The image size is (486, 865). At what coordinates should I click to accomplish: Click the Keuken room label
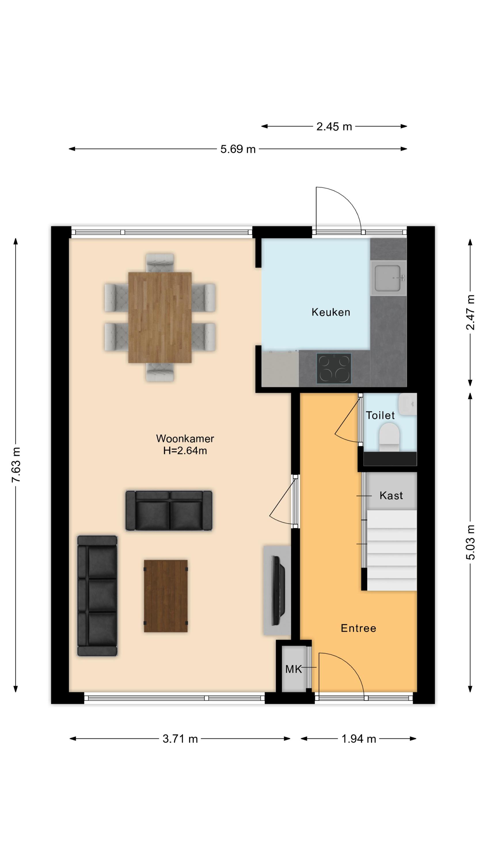coord(331,312)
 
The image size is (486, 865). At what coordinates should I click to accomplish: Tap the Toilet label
coord(380,415)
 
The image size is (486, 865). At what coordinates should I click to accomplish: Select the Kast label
coord(391,496)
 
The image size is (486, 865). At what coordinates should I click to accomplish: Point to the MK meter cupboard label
coord(293,669)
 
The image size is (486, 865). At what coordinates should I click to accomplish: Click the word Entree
coord(358,628)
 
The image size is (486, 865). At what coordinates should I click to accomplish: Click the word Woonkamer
coord(185,439)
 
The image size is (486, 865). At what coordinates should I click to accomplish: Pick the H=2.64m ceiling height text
coord(185,451)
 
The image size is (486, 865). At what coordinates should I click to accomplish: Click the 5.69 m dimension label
coord(238,149)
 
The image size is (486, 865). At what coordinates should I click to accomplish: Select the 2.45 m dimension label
coord(334,127)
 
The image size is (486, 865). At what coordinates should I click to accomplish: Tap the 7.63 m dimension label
coord(16,465)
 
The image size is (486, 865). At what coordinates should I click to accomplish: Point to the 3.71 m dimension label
coord(180,739)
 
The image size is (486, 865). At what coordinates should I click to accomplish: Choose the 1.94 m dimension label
coord(358,739)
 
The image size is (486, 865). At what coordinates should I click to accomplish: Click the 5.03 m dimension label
coord(470,542)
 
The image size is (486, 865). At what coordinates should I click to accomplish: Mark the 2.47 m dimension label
coord(470,312)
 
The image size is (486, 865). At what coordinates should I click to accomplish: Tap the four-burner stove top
coord(334,368)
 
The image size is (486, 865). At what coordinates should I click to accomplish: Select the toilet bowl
coord(389,437)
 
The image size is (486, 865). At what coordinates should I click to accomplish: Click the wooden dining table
coord(160,317)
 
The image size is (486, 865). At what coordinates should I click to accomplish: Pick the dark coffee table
coord(166,596)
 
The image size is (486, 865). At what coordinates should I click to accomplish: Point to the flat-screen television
coord(278,590)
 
